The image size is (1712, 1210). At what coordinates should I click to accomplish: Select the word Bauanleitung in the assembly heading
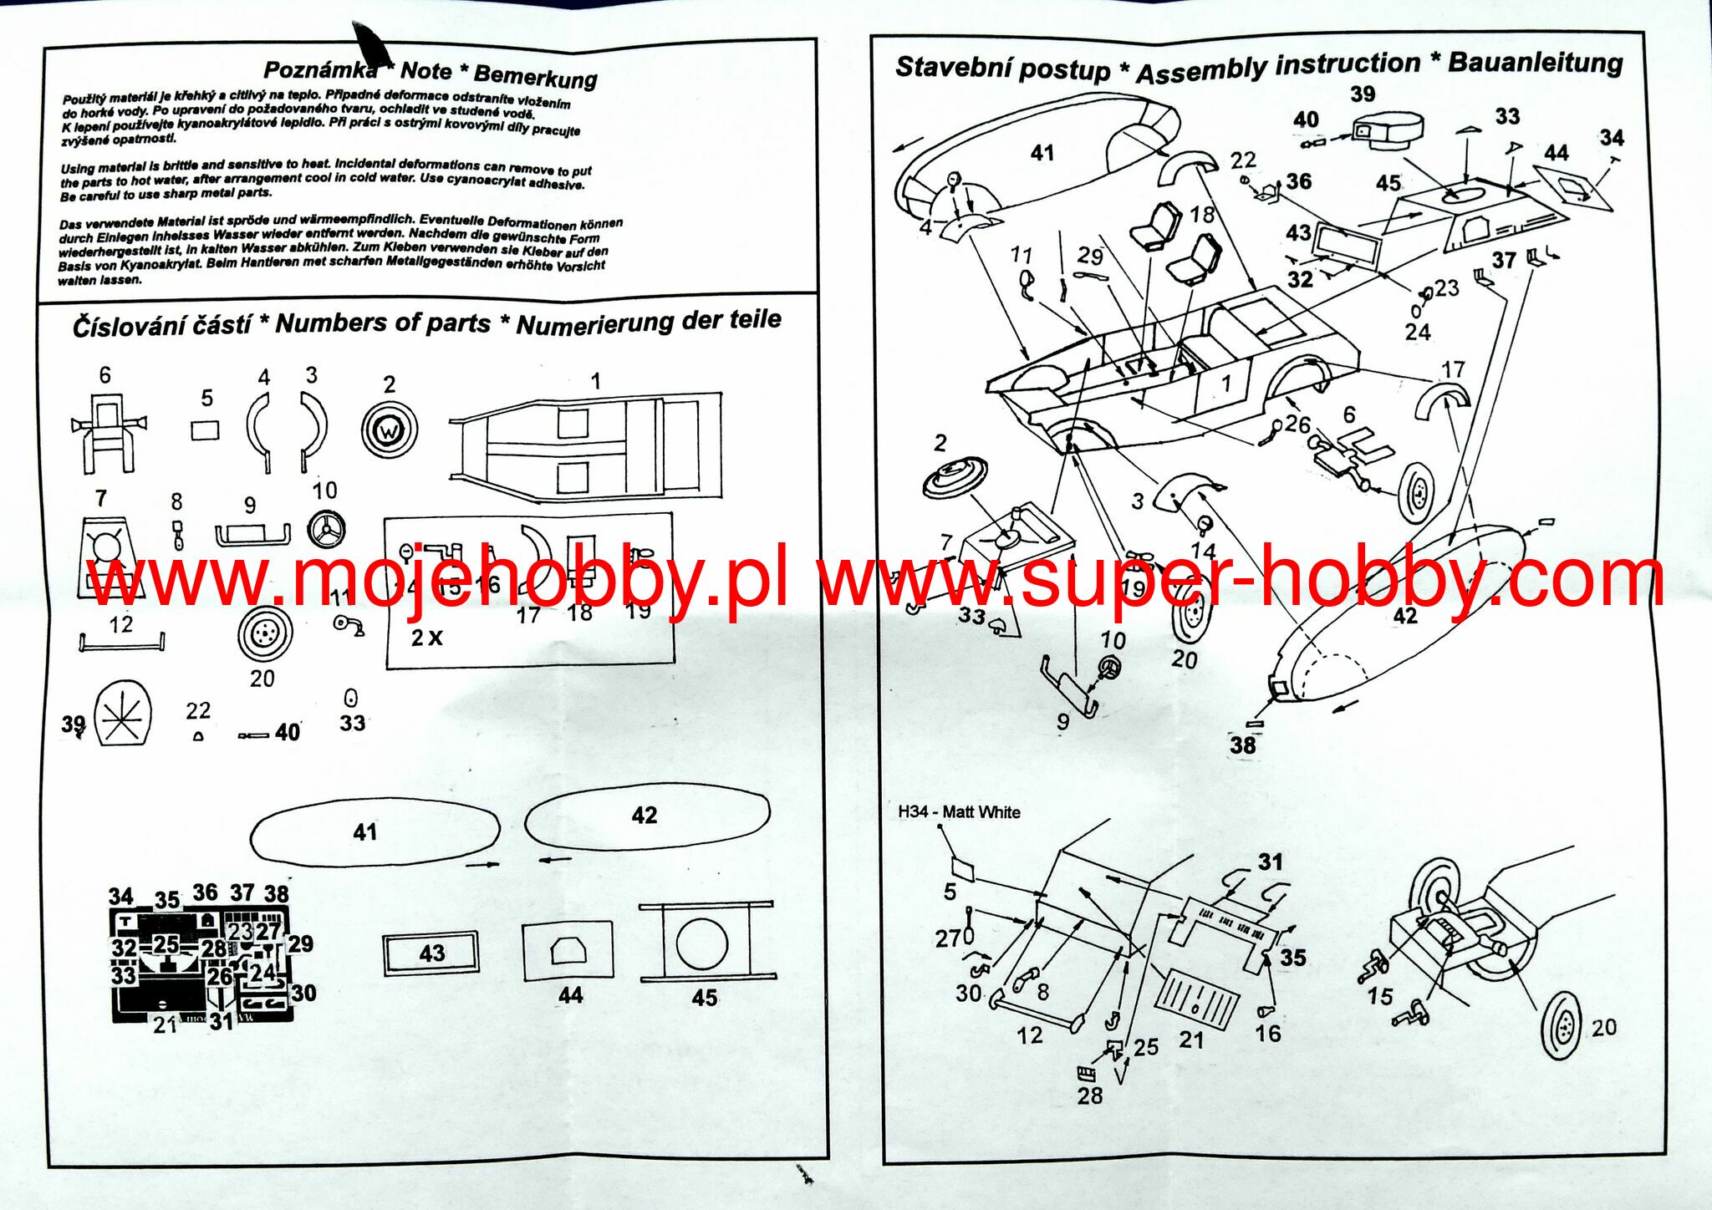pos(1535,62)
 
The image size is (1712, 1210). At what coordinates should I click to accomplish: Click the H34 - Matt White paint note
pos(959,811)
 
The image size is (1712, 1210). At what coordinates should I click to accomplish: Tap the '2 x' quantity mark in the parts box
pos(426,638)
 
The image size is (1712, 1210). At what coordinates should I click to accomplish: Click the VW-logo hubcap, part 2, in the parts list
pos(389,430)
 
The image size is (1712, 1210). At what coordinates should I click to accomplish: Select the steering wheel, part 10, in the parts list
pos(326,529)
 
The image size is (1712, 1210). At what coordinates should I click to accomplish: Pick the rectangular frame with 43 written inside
pos(431,953)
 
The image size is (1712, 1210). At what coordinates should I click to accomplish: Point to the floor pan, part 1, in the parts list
pos(585,445)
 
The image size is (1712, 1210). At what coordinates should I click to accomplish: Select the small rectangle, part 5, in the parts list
pos(206,430)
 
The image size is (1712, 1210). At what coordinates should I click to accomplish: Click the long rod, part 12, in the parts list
pos(122,642)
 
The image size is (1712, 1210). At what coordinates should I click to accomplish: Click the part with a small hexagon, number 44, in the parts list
pos(568,951)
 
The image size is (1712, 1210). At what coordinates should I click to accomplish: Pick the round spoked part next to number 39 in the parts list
pos(124,714)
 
